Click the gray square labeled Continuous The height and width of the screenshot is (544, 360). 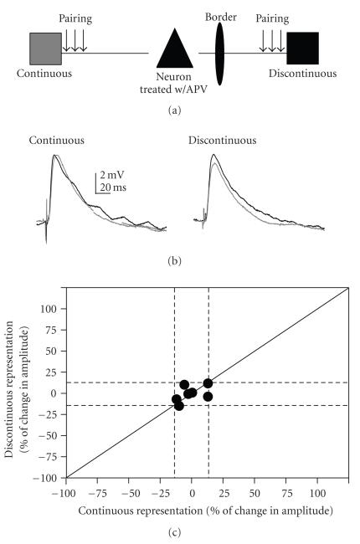(x=45, y=49)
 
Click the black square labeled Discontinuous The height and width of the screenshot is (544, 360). (x=302, y=49)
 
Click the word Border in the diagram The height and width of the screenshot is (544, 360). (x=219, y=14)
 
